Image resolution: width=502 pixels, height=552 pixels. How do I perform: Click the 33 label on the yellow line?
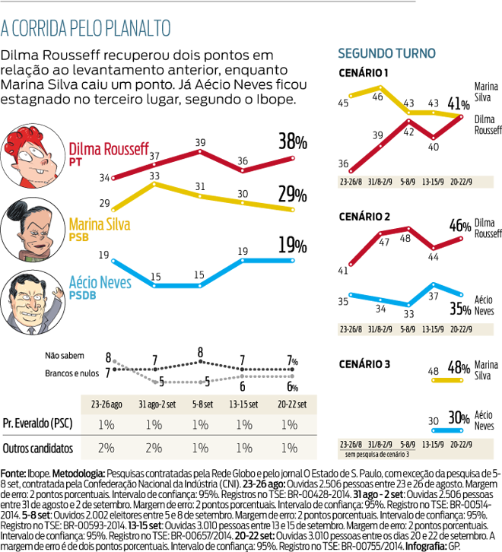154,176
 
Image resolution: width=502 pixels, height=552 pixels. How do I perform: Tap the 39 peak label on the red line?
200,141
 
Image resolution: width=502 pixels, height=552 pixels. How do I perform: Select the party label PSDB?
84,294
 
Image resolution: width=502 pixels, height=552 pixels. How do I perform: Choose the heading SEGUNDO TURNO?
386,54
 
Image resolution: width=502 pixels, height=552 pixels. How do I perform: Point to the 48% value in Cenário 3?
459,368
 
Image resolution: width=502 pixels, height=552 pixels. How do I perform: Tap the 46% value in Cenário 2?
459,226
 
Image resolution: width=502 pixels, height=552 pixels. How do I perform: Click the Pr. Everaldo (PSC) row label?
40,424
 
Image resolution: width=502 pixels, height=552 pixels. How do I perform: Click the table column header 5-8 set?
200,402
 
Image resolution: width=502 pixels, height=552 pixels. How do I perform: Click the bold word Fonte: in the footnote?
17,472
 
